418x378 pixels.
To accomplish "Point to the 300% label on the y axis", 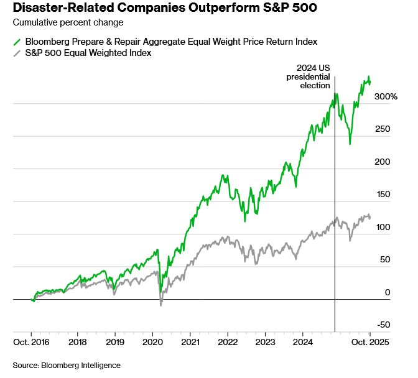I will coord(386,96).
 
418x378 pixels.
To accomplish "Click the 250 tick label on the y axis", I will coord(384,129).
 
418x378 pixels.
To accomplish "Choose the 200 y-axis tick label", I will coord(384,162).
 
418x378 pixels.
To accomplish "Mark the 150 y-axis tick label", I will coord(384,195).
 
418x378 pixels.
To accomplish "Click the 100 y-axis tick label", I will coord(384,227).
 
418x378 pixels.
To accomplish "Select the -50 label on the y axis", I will coord(384,325).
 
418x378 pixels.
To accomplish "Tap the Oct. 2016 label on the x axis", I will coord(30,342).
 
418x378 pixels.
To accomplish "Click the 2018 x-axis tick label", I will coord(77,342).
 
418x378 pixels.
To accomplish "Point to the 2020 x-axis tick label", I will coord(152,342).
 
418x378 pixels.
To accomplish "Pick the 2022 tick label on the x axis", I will coord(228,342).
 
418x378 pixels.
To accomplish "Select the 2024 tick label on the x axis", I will coord(303,342).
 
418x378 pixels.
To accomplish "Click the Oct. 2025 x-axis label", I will coord(371,342).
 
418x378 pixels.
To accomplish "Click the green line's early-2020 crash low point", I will coord(160,292).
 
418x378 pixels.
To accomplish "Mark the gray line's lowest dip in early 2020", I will coord(161,305).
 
